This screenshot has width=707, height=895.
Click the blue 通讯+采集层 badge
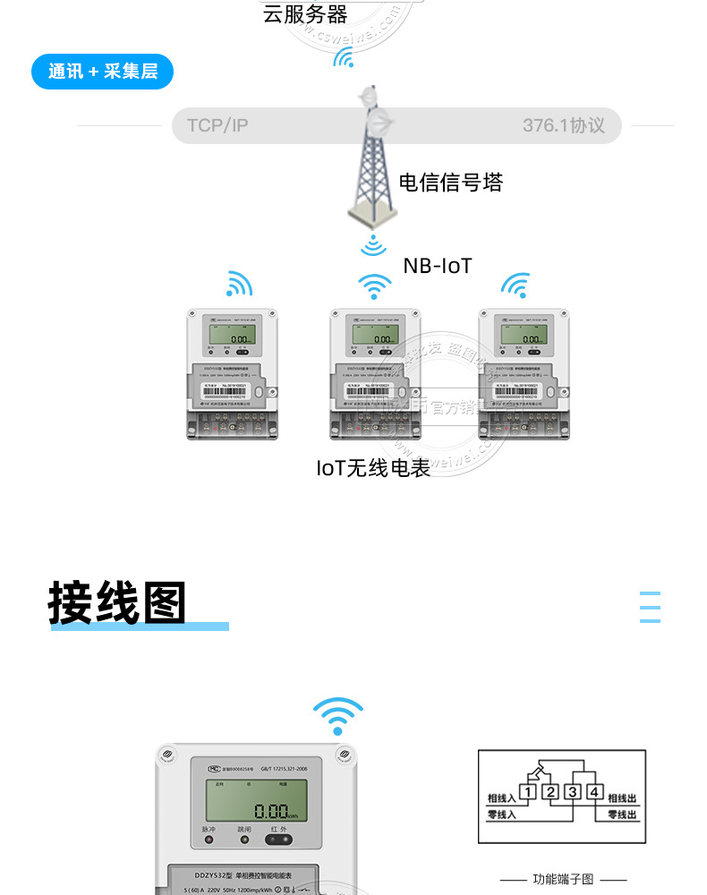click(102, 72)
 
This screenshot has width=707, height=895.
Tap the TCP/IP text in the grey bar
click(217, 125)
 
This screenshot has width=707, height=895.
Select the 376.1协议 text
click(564, 125)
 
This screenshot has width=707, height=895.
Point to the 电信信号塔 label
click(450, 183)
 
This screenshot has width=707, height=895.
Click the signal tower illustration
click(372, 161)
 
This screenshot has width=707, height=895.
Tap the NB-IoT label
click(437, 266)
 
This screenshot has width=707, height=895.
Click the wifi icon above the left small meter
click(239, 284)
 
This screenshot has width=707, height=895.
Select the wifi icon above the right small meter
click(515, 286)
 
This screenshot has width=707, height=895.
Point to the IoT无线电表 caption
click(373, 467)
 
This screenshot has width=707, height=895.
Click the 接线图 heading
click(117, 603)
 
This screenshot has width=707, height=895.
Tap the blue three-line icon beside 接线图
click(651, 607)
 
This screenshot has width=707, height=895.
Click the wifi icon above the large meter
click(338, 717)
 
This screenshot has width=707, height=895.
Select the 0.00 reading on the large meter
click(272, 813)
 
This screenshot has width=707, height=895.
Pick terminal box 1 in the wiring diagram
click(529, 791)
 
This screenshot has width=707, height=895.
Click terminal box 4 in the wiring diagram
click(593, 791)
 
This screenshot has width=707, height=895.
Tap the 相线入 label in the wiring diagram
click(501, 797)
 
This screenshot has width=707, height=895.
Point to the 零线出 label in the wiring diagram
click(622, 815)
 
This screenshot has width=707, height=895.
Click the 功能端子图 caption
click(562, 879)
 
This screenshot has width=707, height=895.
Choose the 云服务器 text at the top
click(304, 13)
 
